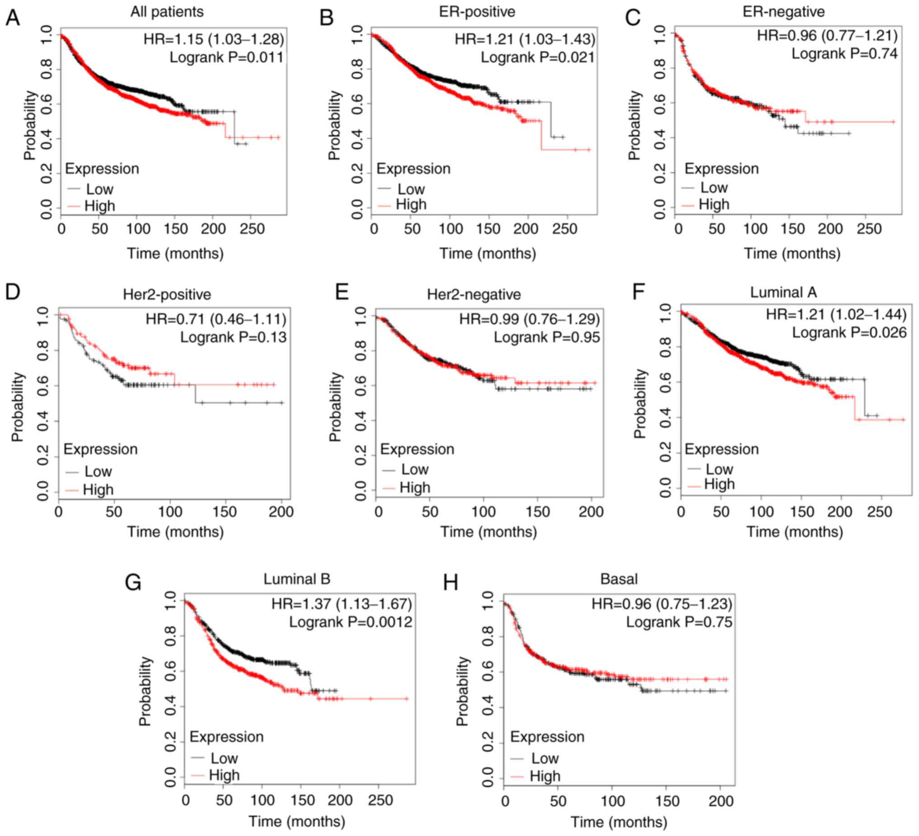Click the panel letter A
[x=13, y=18]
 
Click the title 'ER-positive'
[x=477, y=11]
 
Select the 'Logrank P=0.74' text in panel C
[x=844, y=53]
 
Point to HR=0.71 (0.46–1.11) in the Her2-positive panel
[x=216, y=319]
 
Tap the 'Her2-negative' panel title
[x=474, y=294]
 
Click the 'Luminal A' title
[x=783, y=292]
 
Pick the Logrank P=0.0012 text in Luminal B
[x=350, y=622]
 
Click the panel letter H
[x=450, y=583]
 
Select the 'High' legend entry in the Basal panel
[x=545, y=776]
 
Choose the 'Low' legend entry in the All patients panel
[x=99, y=189]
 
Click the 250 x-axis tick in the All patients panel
[x=251, y=229]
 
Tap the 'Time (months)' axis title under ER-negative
[x=792, y=254]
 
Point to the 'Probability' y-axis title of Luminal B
[x=145, y=691]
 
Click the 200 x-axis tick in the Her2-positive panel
[x=281, y=512]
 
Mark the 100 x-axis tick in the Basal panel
[x=612, y=800]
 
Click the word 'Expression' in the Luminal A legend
[x=721, y=449]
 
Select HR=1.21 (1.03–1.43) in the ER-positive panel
[x=525, y=39]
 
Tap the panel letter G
[x=133, y=583]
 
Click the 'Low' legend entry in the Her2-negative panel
[x=414, y=469]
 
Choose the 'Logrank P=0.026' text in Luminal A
[x=849, y=332]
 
